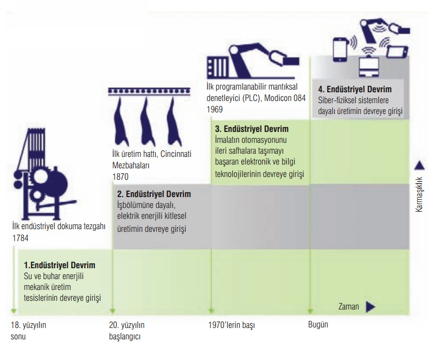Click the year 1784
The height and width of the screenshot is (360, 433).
20,238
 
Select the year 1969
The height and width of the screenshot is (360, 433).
215,109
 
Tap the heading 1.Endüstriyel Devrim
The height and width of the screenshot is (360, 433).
60,266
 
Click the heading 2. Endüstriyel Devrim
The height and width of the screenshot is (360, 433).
154,194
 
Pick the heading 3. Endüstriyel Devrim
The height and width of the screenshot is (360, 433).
252,129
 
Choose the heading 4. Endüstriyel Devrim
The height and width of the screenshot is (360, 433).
355,90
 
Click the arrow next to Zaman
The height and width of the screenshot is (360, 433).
371,307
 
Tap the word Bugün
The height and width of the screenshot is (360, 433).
318,325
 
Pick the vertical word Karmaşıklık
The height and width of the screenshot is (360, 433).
419,193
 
